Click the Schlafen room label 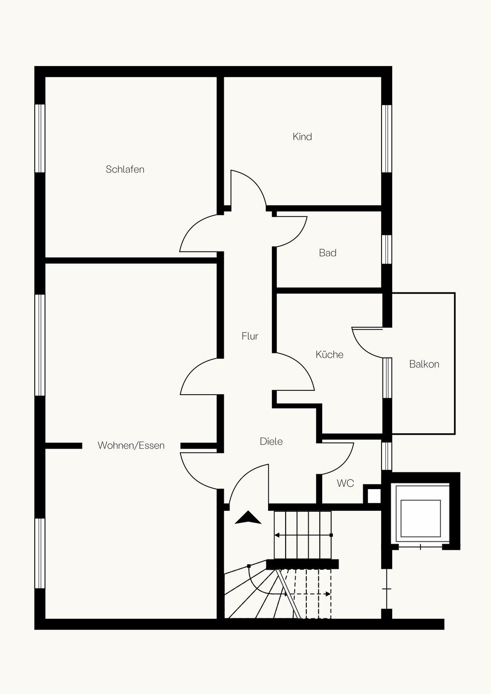click(x=125, y=170)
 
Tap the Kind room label click(x=302, y=137)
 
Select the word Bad click(x=327, y=253)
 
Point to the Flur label click(x=250, y=336)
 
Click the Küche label click(x=329, y=354)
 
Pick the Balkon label click(x=424, y=364)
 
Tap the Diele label click(x=271, y=441)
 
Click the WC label click(x=345, y=483)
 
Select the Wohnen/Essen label click(x=131, y=445)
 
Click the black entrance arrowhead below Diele click(x=248, y=518)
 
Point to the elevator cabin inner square click(x=421, y=519)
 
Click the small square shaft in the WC click(x=374, y=496)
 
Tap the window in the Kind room click(x=386, y=138)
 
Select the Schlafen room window click(x=40, y=138)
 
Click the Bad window click(x=386, y=250)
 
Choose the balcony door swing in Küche click(x=363, y=347)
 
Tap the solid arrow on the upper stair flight click(x=303, y=535)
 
